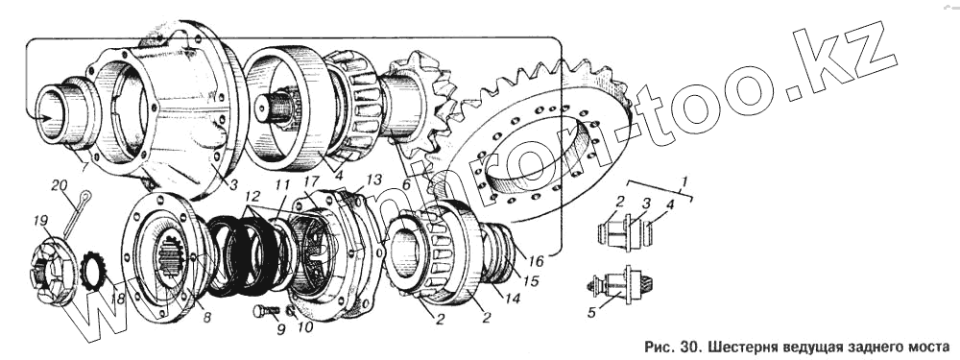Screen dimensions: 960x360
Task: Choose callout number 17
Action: [312, 181]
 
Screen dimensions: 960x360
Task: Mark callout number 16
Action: [537, 262]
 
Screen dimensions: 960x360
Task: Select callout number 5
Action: [590, 313]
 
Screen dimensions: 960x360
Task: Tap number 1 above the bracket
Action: [685, 181]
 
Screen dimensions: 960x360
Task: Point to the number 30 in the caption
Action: [690, 348]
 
